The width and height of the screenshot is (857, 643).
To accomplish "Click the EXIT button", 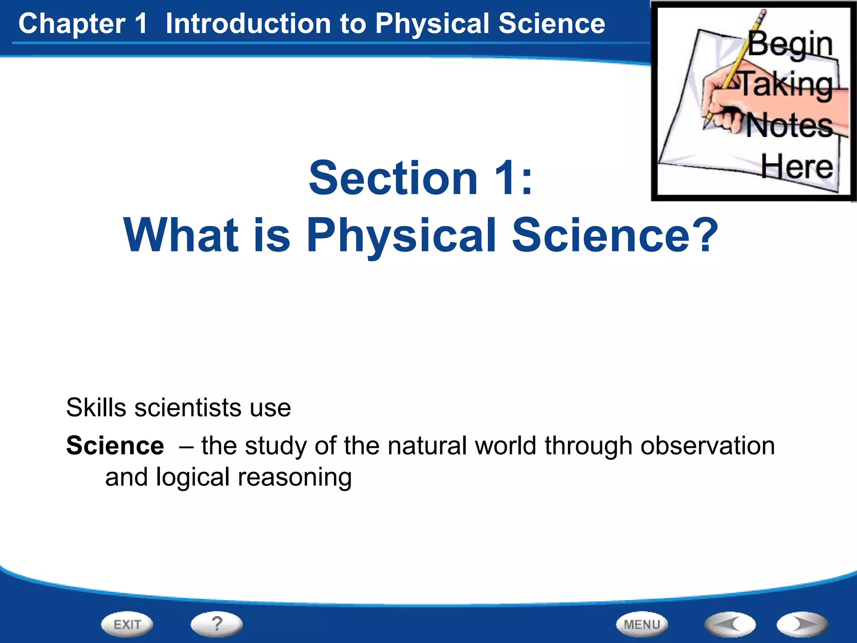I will coord(127,625).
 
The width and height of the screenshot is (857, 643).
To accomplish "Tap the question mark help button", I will coord(216,624).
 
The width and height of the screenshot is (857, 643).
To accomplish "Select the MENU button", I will coord(642,625).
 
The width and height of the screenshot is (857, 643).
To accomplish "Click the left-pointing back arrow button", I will coord(730,625).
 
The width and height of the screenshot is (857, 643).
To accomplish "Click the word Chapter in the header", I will coord(72,24).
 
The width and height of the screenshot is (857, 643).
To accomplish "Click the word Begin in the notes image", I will coord(790,44).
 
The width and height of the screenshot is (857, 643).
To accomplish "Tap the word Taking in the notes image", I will coord(787,85).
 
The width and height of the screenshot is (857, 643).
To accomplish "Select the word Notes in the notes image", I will coord(790,126).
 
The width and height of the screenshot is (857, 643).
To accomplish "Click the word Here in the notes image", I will coord(797,167).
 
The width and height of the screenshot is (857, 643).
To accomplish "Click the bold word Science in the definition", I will coord(115,445).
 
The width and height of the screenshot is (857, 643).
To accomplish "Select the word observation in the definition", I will coord(708,445).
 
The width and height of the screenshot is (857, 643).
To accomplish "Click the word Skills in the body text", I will coord(96,407).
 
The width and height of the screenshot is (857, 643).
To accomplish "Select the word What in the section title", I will coord(181,235).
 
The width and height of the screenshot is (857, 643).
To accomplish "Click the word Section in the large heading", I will coord(393,178).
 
